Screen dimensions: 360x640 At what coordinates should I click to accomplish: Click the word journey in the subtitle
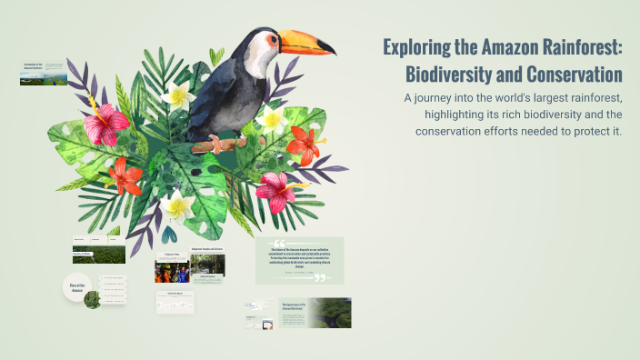(x=435, y=96)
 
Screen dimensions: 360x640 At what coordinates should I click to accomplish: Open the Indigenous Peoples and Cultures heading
(x=207, y=249)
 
